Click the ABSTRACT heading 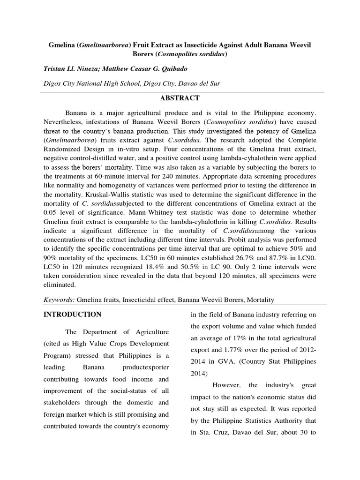pyautogui.click(x=180, y=98)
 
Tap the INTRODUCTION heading pyautogui.click(x=72, y=314)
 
